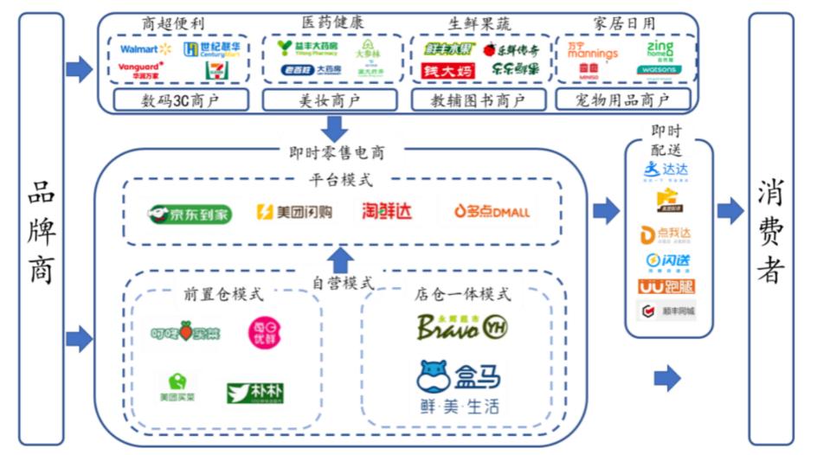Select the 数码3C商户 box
180,100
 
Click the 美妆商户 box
333,100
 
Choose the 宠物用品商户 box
622,100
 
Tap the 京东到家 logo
190,214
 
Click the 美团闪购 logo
294,212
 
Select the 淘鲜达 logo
387,211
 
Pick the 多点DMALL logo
492,211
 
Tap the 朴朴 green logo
255,393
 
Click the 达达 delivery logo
666,170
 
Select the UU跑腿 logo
666,285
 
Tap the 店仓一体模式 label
462,294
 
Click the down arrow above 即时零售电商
333,128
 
